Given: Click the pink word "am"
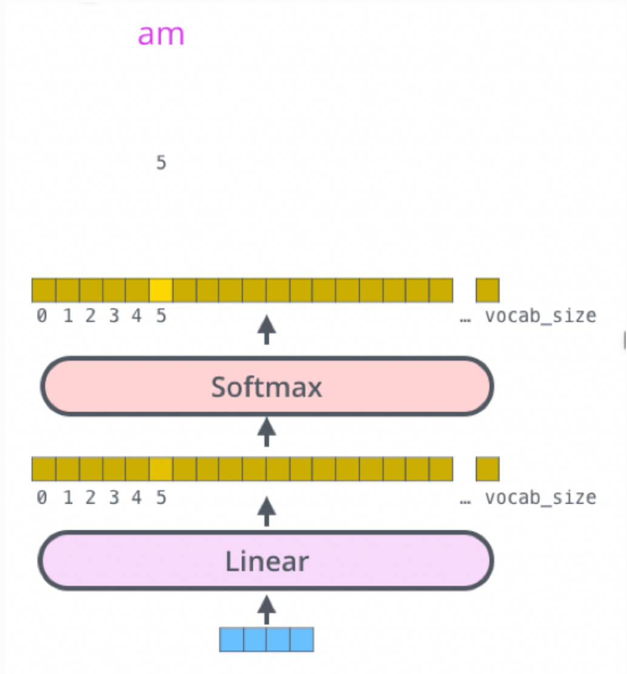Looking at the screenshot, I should coord(161,35).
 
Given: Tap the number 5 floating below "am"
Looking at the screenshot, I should coord(161,163).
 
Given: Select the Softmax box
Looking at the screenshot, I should coord(267,387).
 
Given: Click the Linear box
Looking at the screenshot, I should coord(267,561).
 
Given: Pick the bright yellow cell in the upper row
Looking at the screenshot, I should coord(161,290).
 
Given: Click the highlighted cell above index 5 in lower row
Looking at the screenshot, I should coord(161,469).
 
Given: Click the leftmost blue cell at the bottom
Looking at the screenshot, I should coord(231,639).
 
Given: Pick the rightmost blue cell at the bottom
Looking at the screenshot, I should coord(302,639).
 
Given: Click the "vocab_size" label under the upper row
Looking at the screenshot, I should coord(540,316).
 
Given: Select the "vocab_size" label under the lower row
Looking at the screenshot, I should coord(540,498).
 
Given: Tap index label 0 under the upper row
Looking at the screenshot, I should coord(41,316).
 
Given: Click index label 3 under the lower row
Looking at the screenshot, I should coord(114,498).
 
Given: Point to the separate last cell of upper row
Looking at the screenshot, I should coord(488,290).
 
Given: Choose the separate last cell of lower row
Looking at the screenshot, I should coord(488,469).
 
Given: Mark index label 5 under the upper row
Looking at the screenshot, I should coord(161,316).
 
